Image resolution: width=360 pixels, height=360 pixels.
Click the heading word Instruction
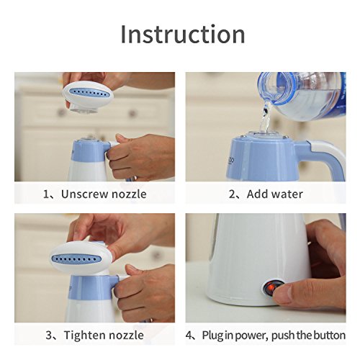pos(183,34)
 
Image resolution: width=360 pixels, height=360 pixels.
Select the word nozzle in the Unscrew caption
pos(129,194)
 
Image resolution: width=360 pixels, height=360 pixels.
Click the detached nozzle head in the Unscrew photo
pos(88,96)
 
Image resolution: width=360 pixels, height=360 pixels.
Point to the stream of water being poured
pos(265,117)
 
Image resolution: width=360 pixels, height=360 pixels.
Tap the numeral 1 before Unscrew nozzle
pos(45,194)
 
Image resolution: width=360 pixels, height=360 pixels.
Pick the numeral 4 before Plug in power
pos(189,336)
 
